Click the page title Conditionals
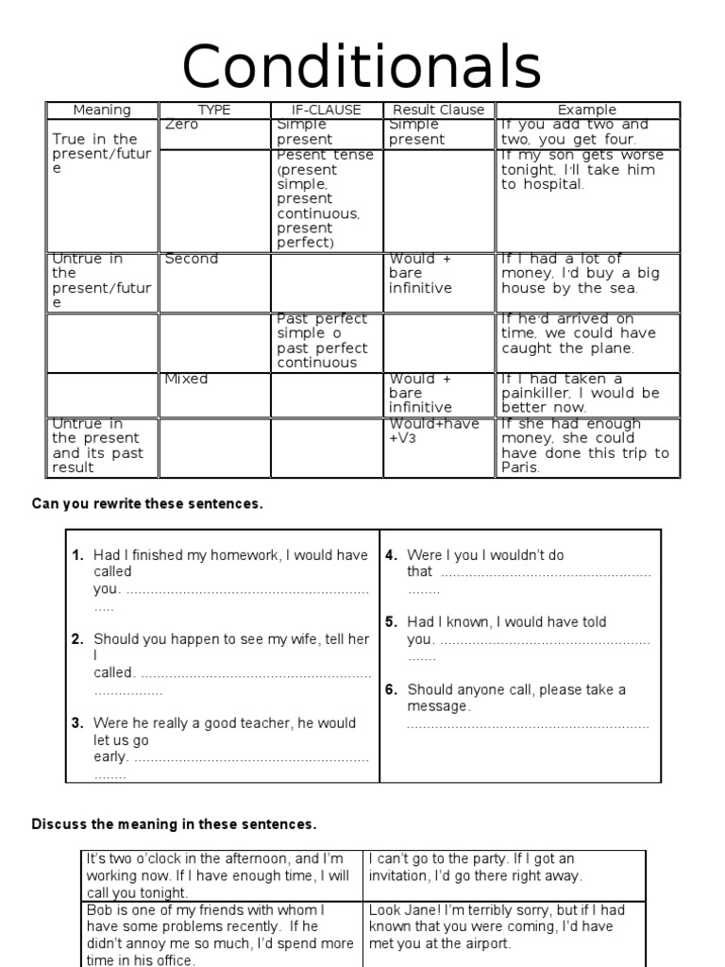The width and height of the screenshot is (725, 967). (362, 67)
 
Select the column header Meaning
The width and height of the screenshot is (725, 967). (102, 110)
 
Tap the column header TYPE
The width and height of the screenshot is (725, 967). (214, 110)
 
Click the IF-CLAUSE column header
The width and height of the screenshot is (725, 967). (328, 110)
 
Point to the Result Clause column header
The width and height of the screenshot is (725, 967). (438, 110)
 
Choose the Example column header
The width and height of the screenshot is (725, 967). (586, 110)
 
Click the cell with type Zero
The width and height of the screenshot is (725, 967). (181, 125)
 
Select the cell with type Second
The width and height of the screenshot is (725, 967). (191, 259)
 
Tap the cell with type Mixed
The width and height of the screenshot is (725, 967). (186, 380)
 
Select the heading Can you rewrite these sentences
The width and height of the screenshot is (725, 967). (147, 504)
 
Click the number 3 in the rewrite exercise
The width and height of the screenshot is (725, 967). (77, 723)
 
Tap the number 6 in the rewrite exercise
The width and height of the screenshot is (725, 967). (390, 690)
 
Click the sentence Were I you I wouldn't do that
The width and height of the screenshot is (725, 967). (485, 556)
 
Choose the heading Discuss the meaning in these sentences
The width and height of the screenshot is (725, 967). (175, 824)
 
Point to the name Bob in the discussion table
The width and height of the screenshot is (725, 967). (98, 909)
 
